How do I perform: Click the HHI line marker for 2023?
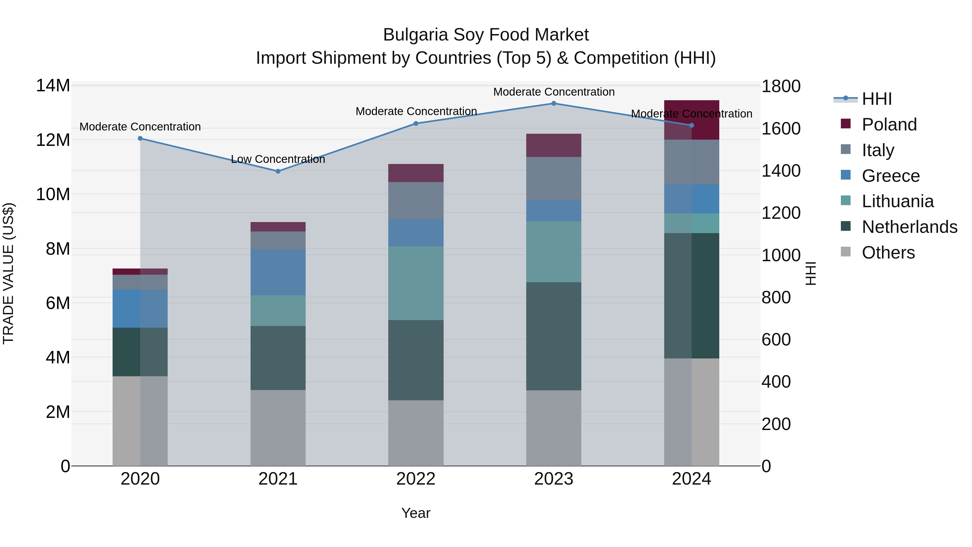click(x=553, y=103)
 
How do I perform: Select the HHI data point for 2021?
click(x=278, y=171)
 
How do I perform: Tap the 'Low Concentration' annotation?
click(x=278, y=159)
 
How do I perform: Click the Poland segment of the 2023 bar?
click(x=553, y=145)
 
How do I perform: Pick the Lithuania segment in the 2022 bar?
click(x=416, y=283)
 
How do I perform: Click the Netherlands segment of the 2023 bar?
click(x=553, y=336)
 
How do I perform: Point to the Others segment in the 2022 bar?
click(x=416, y=433)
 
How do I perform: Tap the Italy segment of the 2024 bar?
click(x=692, y=162)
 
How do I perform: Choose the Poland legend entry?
click(x=889, y=125)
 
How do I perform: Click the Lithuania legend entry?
click(x=897, y=201)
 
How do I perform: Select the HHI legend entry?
click(x=876, y=99)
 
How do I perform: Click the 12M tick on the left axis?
click(x=53, y=140)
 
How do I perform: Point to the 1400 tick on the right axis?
click(x=781, y=171)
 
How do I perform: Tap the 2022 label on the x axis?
click(x=416, y=479)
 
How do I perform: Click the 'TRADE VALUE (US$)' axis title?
click(x=8, y=273)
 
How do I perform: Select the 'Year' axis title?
click(x=416, y=513)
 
